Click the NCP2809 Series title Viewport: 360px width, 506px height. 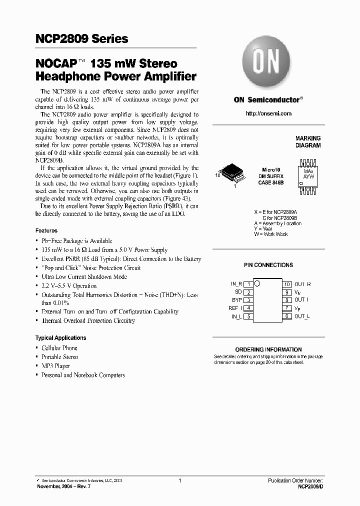[82, 39]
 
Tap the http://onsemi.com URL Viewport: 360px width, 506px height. [268, 113]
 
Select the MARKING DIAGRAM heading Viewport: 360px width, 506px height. [308, 142]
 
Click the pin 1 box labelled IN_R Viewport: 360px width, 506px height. [247, 284]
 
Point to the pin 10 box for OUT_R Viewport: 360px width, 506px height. [287, 284]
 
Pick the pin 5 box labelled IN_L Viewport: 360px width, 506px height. [247, 316]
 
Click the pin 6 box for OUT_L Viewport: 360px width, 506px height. [287, 316]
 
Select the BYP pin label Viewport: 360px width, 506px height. [237, 300]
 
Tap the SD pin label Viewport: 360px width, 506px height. [238, 292]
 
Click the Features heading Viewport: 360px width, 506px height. [46, 231]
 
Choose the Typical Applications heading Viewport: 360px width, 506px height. [60, 338]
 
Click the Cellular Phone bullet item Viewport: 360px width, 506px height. [59, 348]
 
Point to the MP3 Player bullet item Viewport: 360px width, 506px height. [55, 366]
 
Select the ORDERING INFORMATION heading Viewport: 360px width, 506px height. [268, 349]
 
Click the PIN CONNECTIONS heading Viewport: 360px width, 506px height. [268, 265]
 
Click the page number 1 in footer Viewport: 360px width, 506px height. [179, 480]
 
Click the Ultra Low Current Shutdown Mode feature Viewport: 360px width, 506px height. [84, 277]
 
